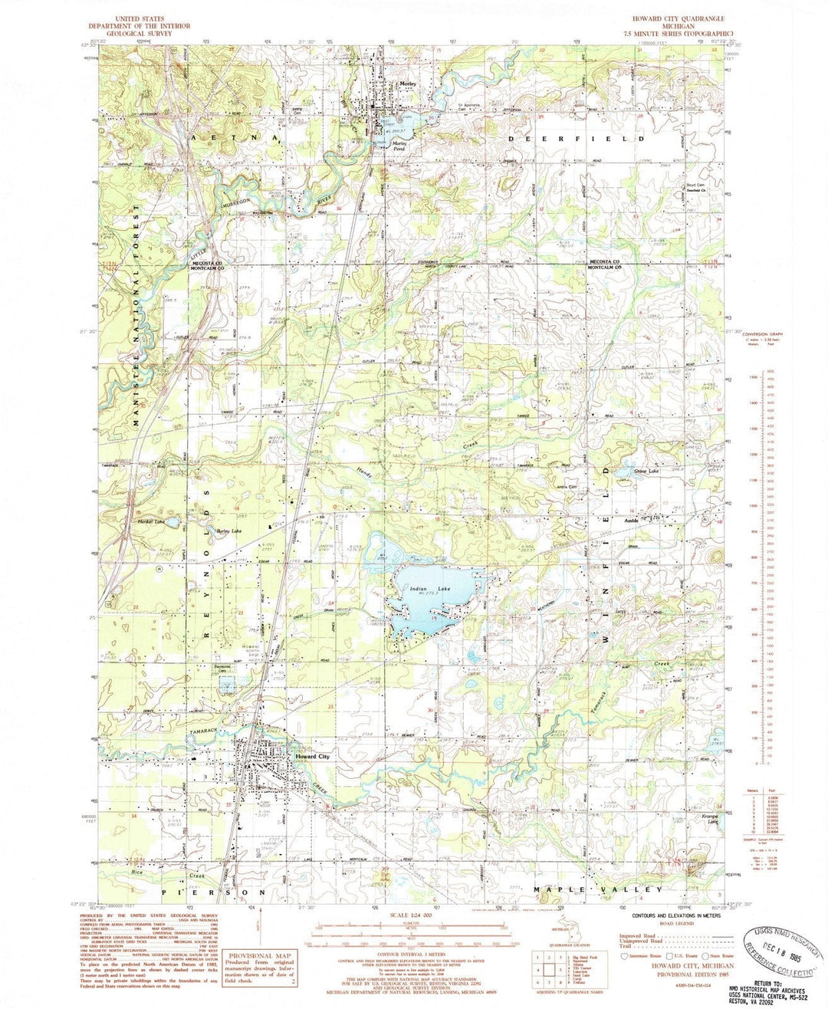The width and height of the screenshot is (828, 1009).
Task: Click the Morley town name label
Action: (407, 85)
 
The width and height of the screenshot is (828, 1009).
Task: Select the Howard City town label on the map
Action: (312, 757)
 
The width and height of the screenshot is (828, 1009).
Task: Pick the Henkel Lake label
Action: (152, 522)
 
